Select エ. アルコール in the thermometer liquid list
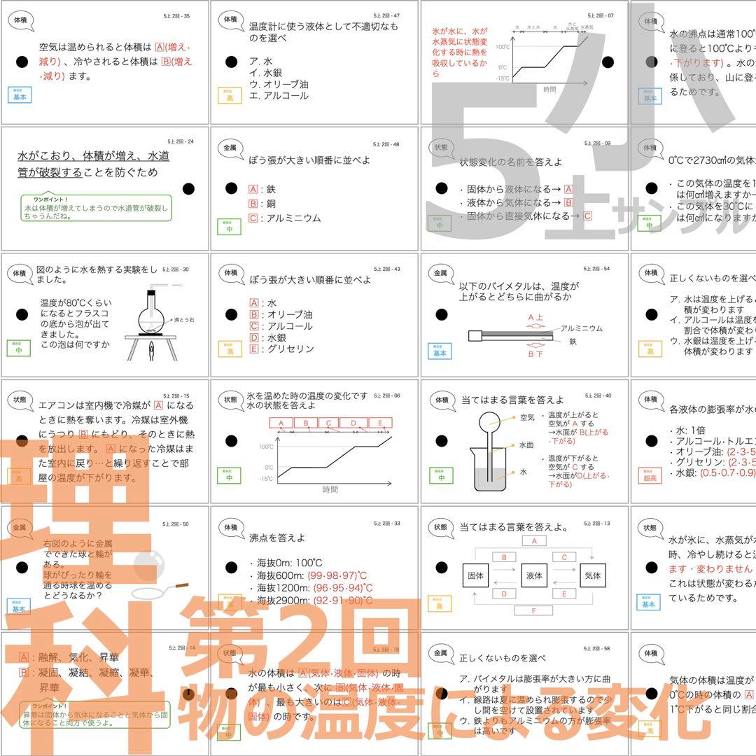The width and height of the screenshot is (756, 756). pyautogui.click(x=278, y=96)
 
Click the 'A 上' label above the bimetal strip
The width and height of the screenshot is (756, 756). pyautogui.click(x=535, y=317)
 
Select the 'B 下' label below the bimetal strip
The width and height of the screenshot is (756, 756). pyautogui.click(x=535, y=354)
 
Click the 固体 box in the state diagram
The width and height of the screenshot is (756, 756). pyautogui.click(x=475, y=576)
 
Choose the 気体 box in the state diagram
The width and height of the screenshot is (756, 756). pyautogui.click(x=592, y=576)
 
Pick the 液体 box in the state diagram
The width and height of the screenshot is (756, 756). pyautogui.click(x=534, y=576)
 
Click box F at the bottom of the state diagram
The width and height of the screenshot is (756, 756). pyautogui.click(x=534, y=611)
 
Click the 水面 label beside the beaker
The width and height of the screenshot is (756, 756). pyautogui.click(x=526, y=444)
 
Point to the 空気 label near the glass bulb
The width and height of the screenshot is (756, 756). pyautogui.click(x=527, y=418)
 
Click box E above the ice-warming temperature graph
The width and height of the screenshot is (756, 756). pyautogui.click(x=380, y=423)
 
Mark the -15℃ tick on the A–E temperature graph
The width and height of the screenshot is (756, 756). pyautogui.click(x=265, y=479)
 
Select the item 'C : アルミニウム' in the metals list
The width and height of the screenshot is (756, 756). pyautogui.click(x=285, y=218)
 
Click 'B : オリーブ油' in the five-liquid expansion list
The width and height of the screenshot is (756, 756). pyautogui.click(x=281, y=315)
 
